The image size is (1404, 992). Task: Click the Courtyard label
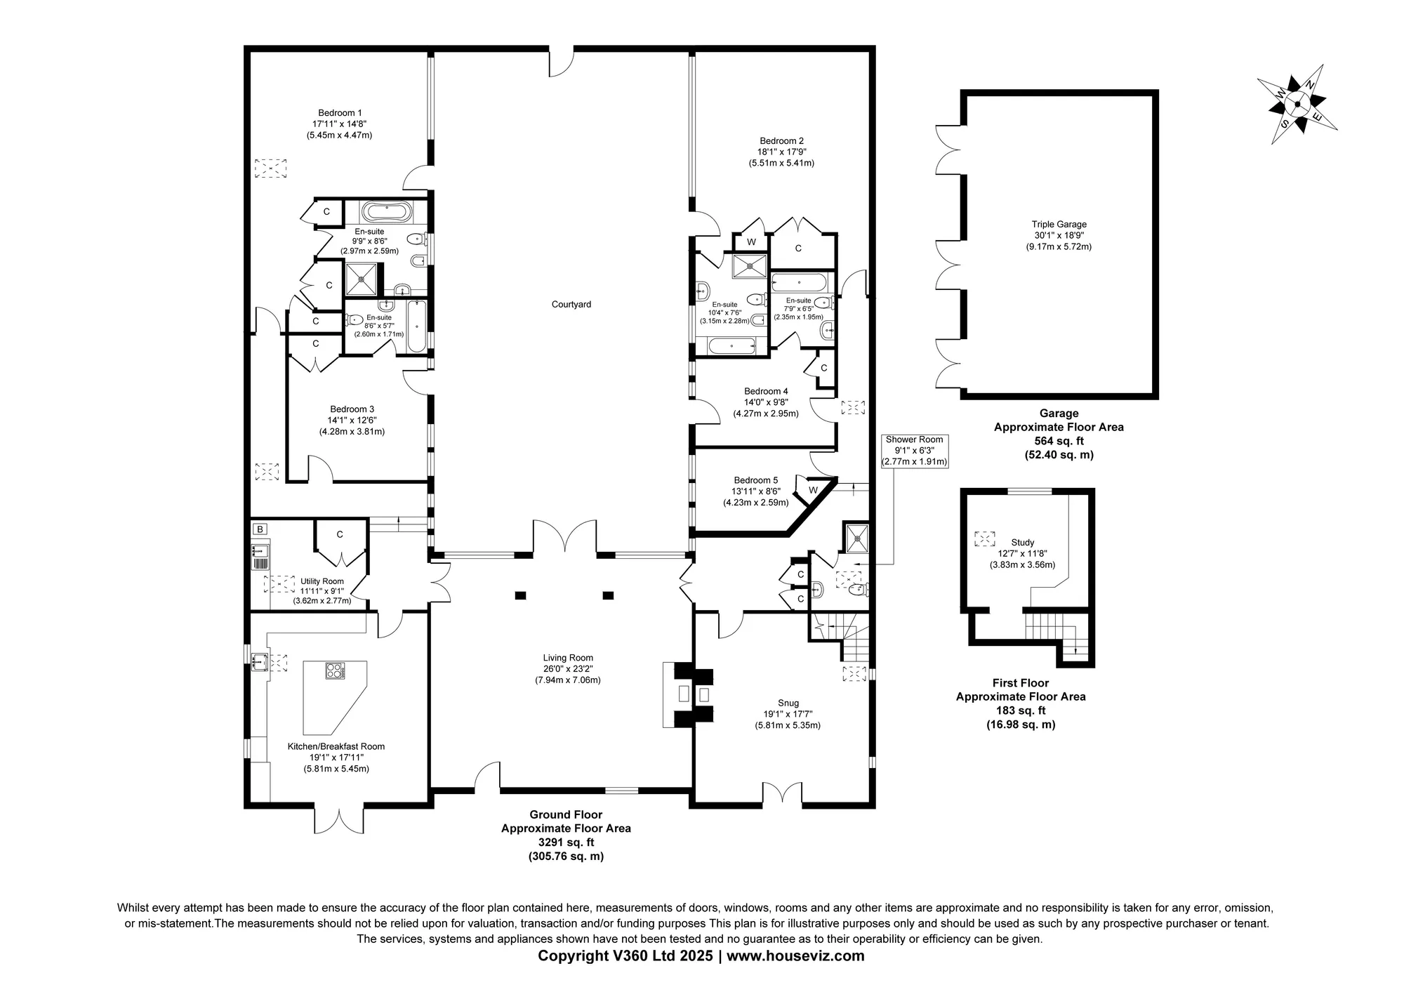pyautogui.click(x=571, y=305)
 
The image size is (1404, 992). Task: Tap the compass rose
pyautogui.click(x=1297, y=105)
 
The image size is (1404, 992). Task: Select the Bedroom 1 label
pyautogui.click(x=340, y=113)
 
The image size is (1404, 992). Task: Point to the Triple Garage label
pyautogui.click(x=1059, y=225)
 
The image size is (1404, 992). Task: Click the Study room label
pyautogui.click(x=1022, y=543)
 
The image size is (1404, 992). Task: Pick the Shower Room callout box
pyautogui.click(x=915, y=451)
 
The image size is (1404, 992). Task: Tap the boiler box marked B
pyautogui.click(x=260, y=529)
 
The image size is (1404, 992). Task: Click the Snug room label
pyautogui.click(x=788, y=703)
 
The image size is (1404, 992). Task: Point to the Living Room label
pyautogui.click(x=568, y=658)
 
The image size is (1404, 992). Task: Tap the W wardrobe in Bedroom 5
pyautogui.click(x=812, y=489)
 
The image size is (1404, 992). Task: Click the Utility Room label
pyautogui.click(x=322, y=581)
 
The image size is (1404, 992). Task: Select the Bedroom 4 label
pyautogui.click(x=766, y=392)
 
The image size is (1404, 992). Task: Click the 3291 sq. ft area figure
pyautogui.click(x=566, y=842)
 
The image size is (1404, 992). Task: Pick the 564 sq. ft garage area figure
pyautogui.click(x=1059, y=441)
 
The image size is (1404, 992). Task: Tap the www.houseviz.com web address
pyautogui.click(x=795, y=956)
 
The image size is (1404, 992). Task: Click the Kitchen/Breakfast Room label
pyautogui.click(x=336, y=746)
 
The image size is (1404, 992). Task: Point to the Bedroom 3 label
pyautogui.click(x=352, y=409)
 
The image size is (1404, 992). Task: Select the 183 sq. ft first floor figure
pyautogui.click(x=1021, y=710)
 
